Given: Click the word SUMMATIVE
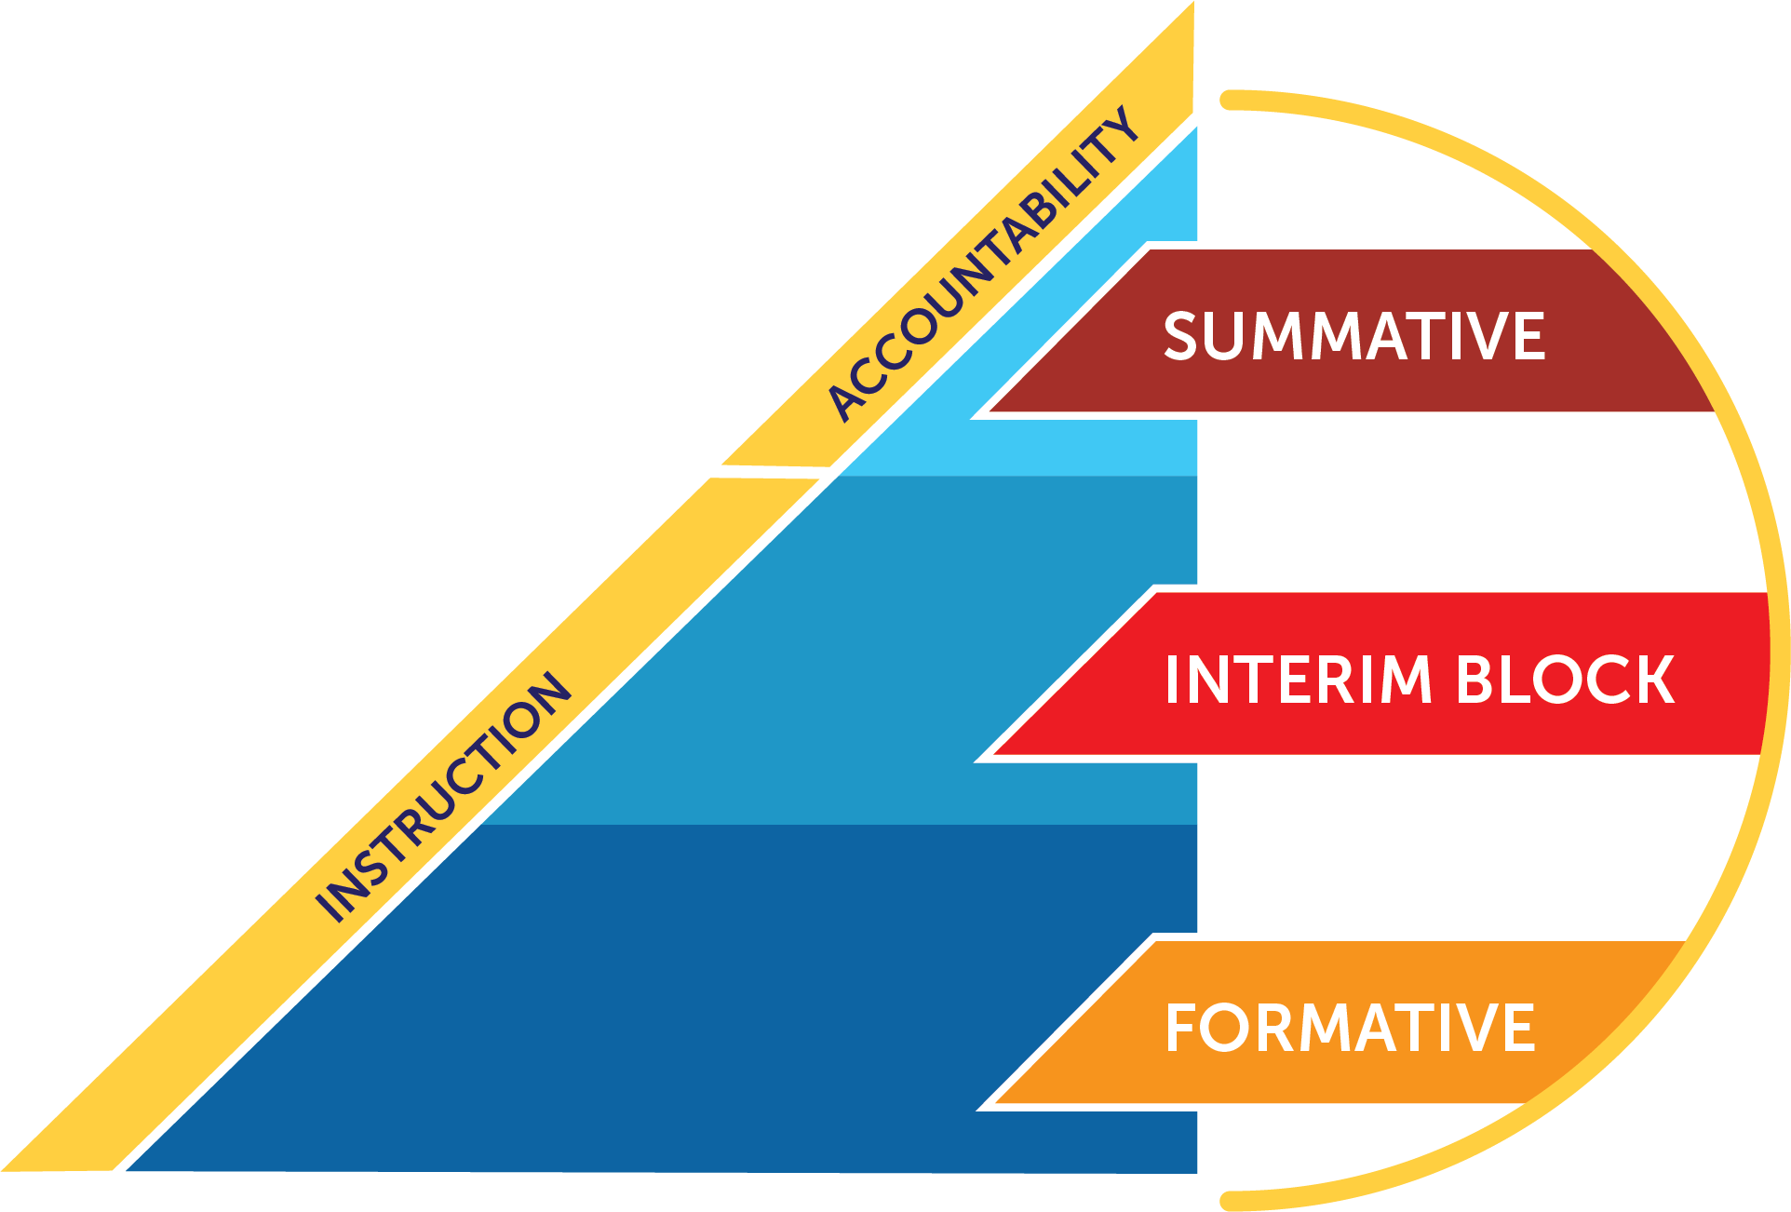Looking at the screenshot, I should tap(1353, 336).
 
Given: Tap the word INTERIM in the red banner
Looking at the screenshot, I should tap(1299, 680).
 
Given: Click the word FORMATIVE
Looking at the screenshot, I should tap(1350, 1029).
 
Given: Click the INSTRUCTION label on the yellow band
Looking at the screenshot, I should tap(443, 797).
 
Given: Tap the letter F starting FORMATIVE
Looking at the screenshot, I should tap(1182, 1029).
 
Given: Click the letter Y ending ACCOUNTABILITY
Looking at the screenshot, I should tap(1121, 126).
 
